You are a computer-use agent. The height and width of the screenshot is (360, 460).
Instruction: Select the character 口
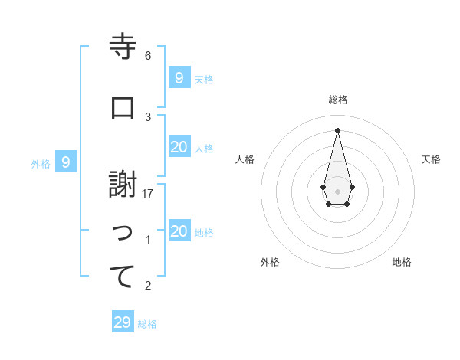pos(123,108)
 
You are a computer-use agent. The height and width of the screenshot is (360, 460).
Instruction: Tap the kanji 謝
pos(123,185)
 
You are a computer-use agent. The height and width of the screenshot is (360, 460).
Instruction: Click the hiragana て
pos(123,277)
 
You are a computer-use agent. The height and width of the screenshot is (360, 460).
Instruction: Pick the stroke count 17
pos(148,194)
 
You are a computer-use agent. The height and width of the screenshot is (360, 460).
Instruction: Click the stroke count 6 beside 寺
pos(148,56)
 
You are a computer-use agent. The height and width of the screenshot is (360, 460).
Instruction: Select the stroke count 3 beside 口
pos(148,116)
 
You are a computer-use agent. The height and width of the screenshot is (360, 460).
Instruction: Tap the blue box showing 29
pos(123,322)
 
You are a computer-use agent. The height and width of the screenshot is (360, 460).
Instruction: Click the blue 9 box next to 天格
pos(179,77)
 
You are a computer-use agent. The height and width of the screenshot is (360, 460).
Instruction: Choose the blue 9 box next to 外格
pos(67,162)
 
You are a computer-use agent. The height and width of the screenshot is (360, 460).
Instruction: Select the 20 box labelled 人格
pos(179,147)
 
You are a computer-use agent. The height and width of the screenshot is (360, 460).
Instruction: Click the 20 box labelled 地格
pos(179,232)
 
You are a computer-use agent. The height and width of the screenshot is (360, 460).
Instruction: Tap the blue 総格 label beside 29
pos(148,324)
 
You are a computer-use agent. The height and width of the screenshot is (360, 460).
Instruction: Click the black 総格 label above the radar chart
pos(337,100)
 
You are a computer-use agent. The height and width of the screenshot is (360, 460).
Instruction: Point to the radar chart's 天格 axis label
pos(431,159)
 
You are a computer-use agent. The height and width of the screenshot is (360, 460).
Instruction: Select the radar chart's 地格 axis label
pos(402,262)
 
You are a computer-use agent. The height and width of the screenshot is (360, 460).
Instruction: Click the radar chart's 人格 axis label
pos(245,159)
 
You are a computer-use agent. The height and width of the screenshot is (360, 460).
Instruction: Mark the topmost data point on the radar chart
pos(337,130)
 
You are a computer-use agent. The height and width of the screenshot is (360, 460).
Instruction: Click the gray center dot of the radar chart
pos(337,191)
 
